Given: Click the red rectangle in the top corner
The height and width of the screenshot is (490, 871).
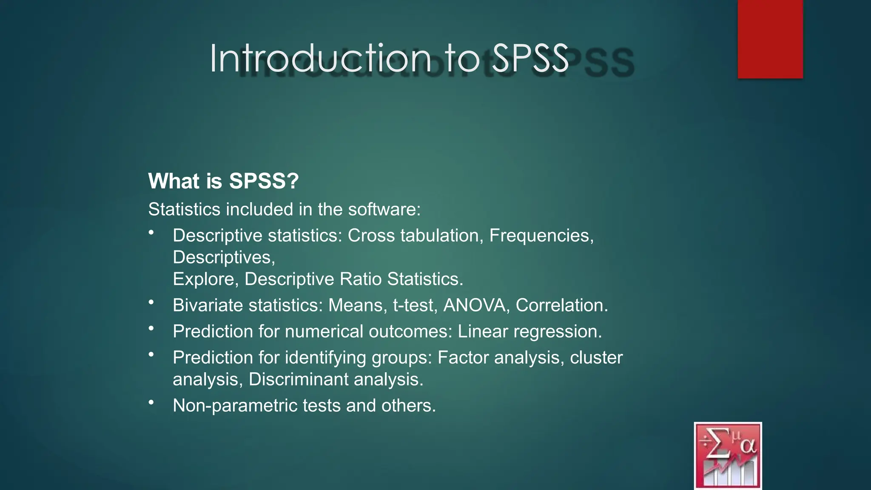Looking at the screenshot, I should [770, 39].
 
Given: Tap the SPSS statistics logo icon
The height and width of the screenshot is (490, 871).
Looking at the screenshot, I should [728, 455].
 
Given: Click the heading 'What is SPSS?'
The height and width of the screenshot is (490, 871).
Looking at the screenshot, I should [223, 181].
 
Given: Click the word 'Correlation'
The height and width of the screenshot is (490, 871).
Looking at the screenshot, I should [561, 305].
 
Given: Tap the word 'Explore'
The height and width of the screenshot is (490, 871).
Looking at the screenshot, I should [205, 279].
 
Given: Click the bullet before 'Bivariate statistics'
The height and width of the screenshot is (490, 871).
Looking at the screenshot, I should [151, 302].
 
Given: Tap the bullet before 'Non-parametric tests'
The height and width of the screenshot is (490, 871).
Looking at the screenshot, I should [151, 402].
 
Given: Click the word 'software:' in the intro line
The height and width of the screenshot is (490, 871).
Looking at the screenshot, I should [384, 209].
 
